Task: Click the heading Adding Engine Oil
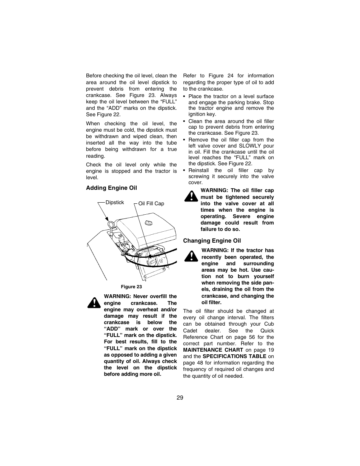111,188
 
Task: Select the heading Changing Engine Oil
212,241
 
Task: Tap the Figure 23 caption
131,286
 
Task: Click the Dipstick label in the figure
115,203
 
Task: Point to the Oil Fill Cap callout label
151,204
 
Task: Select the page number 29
180,398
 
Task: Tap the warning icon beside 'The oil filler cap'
191,196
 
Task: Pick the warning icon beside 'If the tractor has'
191,256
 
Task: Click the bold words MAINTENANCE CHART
213,350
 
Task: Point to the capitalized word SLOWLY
250,146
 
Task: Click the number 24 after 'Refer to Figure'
230,75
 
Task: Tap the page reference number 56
252,337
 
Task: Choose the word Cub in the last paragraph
269,324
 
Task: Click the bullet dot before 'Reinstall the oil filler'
184,171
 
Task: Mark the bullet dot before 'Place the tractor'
184,97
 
